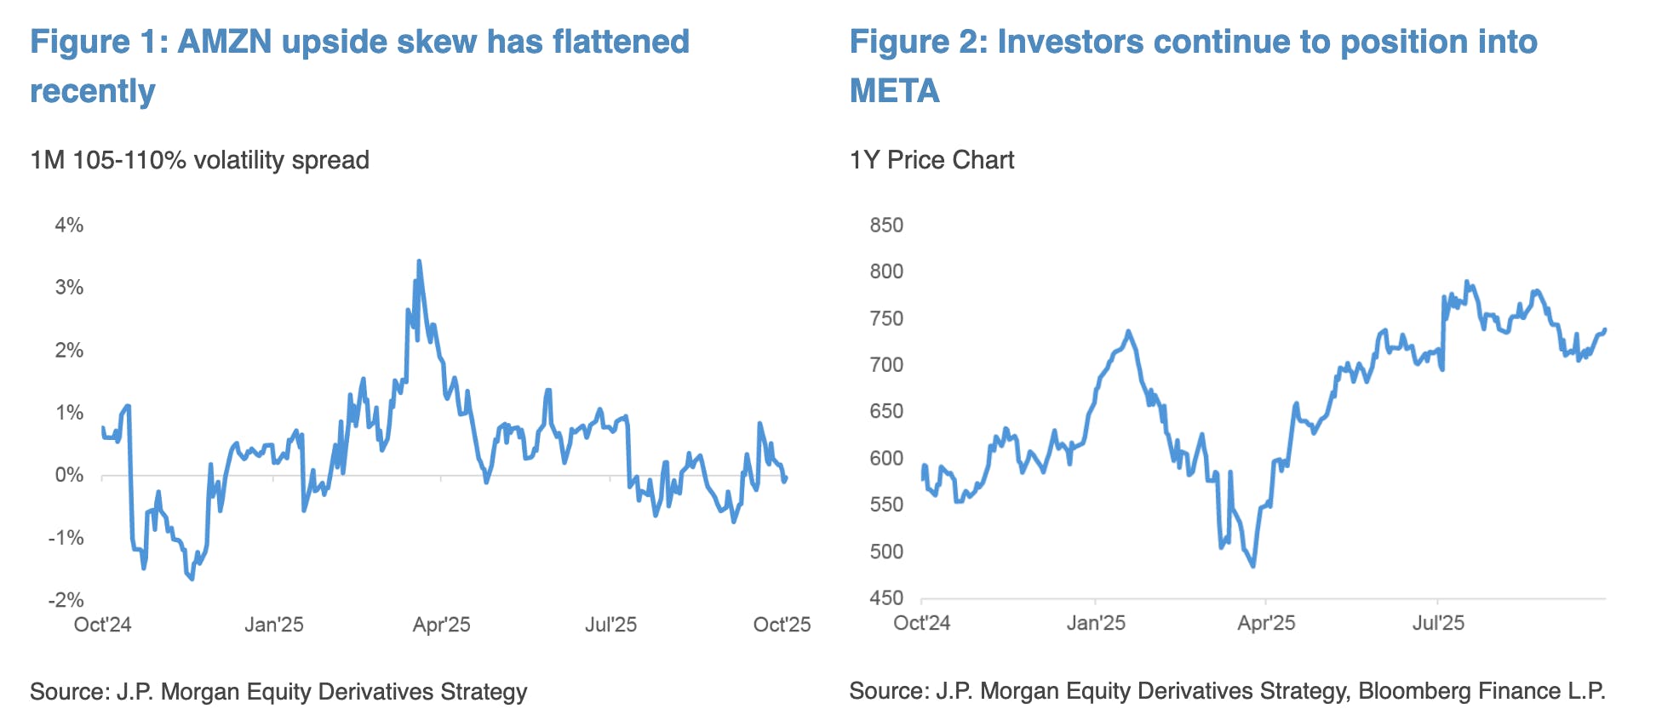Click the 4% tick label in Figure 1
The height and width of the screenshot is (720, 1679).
click(x=69, y=226)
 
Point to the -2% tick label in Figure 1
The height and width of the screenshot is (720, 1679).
click(x=66, y=600)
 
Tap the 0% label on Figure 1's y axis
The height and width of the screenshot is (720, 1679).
click(x=69, y=475)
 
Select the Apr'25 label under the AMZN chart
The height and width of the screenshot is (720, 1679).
click(x=441, y=625)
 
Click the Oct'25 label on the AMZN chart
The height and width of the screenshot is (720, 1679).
click(x=782, y=625)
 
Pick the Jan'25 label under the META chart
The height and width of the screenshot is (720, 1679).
click(x=1096, y=623)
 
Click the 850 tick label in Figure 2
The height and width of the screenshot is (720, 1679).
click(x=886, y=226)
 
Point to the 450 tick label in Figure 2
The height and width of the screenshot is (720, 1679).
click(x=886, y=598)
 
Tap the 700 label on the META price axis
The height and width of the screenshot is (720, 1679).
click(x=886, y=365)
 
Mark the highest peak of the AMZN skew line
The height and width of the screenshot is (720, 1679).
click(x=419, y=261)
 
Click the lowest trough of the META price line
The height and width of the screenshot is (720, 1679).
click(x=1253, y=566)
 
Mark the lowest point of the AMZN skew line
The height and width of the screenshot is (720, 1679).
click(x=192, y=579)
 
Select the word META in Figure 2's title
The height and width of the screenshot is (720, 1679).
click(x=895, y=91)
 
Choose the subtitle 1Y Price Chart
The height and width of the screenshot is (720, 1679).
click(x=931, y=160)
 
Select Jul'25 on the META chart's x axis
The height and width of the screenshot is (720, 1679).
click(x=1438, y=623)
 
